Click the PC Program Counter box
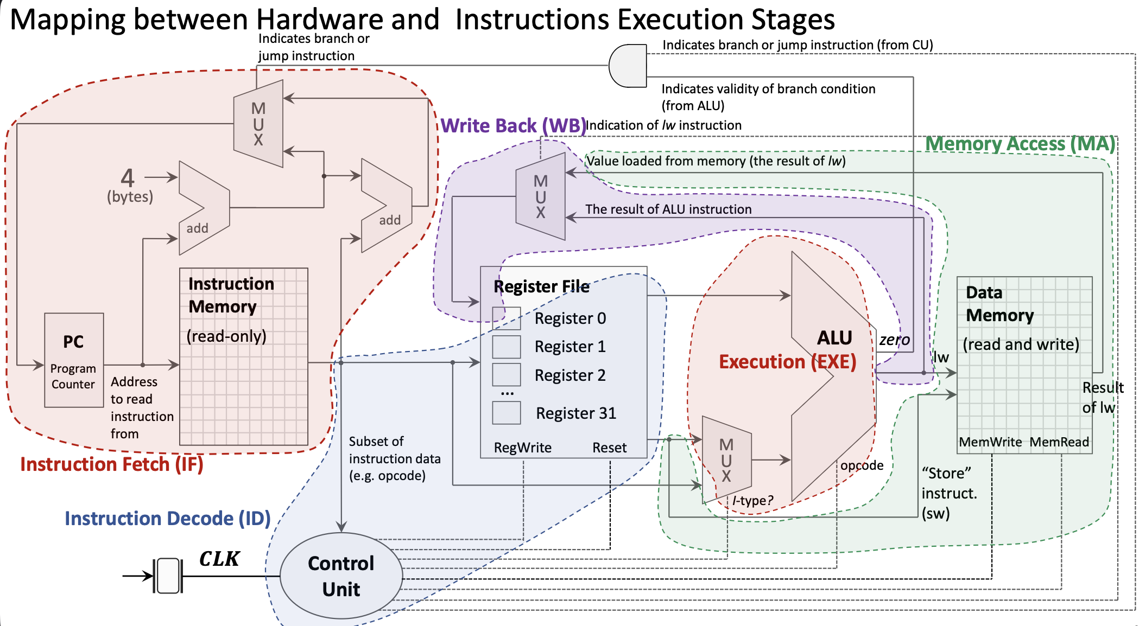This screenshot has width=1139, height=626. [74, 360]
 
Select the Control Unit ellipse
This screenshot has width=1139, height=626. [341, 576]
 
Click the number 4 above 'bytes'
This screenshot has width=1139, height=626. [128, 177]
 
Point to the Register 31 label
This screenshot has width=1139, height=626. [575, 413]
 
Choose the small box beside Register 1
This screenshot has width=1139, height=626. [506, 347]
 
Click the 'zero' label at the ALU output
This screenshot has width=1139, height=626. [894, 340]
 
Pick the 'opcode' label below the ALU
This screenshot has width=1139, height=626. [862, 465]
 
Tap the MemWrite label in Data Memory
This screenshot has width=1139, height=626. [990, 442]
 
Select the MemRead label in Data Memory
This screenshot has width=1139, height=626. [1059, 442]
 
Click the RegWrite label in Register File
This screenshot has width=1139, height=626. [522, 448]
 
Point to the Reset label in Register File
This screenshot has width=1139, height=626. [609, 448]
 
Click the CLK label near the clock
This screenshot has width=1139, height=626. [219, 559]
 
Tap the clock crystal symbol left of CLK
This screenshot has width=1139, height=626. [168, 576]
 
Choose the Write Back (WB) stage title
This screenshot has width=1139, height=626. [513, 126]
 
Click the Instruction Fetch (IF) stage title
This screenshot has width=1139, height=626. [111, 464]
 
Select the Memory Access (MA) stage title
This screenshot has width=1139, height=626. [1020, 144]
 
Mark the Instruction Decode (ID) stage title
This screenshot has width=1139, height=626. [167, 519]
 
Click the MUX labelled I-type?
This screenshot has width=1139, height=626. [726, 460]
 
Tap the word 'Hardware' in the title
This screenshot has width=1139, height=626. [347, 20]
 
